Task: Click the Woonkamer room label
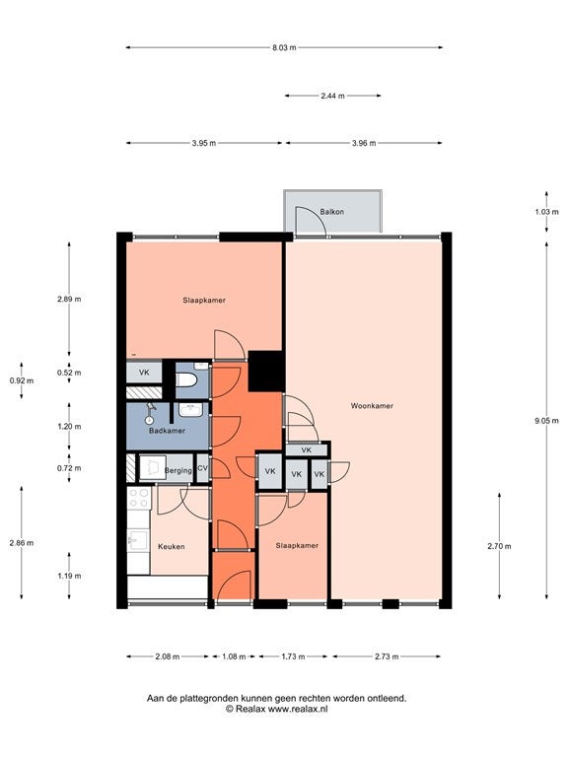coord(372,406)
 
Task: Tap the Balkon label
coord(331,212)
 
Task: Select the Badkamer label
coord(167,431)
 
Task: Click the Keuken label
coord(171,546)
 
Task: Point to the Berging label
coord(178,470)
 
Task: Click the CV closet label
coord(202,468)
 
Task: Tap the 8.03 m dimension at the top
coord(284,47)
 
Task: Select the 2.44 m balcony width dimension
coord(332,96)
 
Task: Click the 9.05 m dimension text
coord(546,421)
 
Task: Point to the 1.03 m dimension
coord(546,212)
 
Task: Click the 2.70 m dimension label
coord(499,546)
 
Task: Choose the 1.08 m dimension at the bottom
coord(234,656)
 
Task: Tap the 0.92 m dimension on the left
coord(22,380)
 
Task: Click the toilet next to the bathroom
coord(186,381)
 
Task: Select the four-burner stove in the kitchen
coord(139,498)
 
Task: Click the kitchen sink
coord(138,540)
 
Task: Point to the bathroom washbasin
coord(191,410)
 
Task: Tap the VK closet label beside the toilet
coord(144,373)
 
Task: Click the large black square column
coord(265,371)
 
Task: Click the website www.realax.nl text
coord(298,709)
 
